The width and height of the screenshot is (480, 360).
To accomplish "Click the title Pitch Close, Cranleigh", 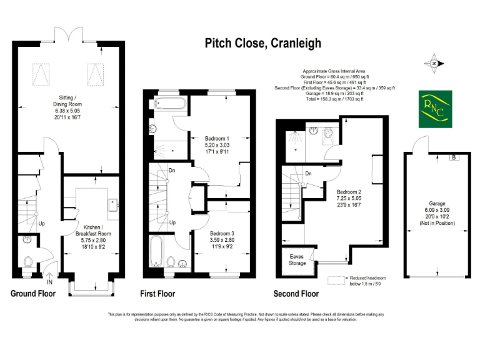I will coord(263,43).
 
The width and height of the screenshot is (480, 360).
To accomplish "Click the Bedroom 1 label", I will coord(217,144).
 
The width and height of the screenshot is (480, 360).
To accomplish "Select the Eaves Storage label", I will coord(297,259).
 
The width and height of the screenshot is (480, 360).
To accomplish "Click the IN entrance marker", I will coord(49,282).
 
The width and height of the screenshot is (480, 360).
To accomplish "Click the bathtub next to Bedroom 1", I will coord(169,103).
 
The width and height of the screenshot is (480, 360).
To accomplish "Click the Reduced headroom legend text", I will coord(369,281).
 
